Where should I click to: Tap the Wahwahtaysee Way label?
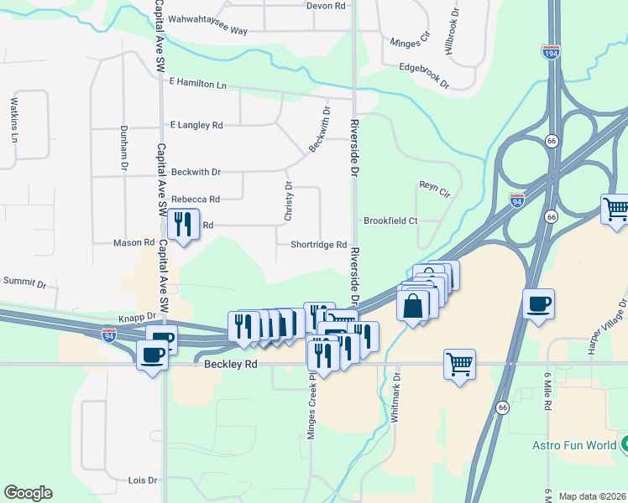208,30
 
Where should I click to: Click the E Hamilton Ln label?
198,84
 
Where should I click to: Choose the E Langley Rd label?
196,125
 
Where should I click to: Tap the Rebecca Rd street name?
195,200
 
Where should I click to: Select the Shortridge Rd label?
318,245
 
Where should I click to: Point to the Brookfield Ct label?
390,220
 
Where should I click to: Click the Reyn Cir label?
435,189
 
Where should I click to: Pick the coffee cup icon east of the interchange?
537,303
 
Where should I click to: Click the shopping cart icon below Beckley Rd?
459,364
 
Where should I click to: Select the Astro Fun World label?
574,444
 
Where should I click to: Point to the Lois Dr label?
142,480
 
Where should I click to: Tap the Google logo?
28,493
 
